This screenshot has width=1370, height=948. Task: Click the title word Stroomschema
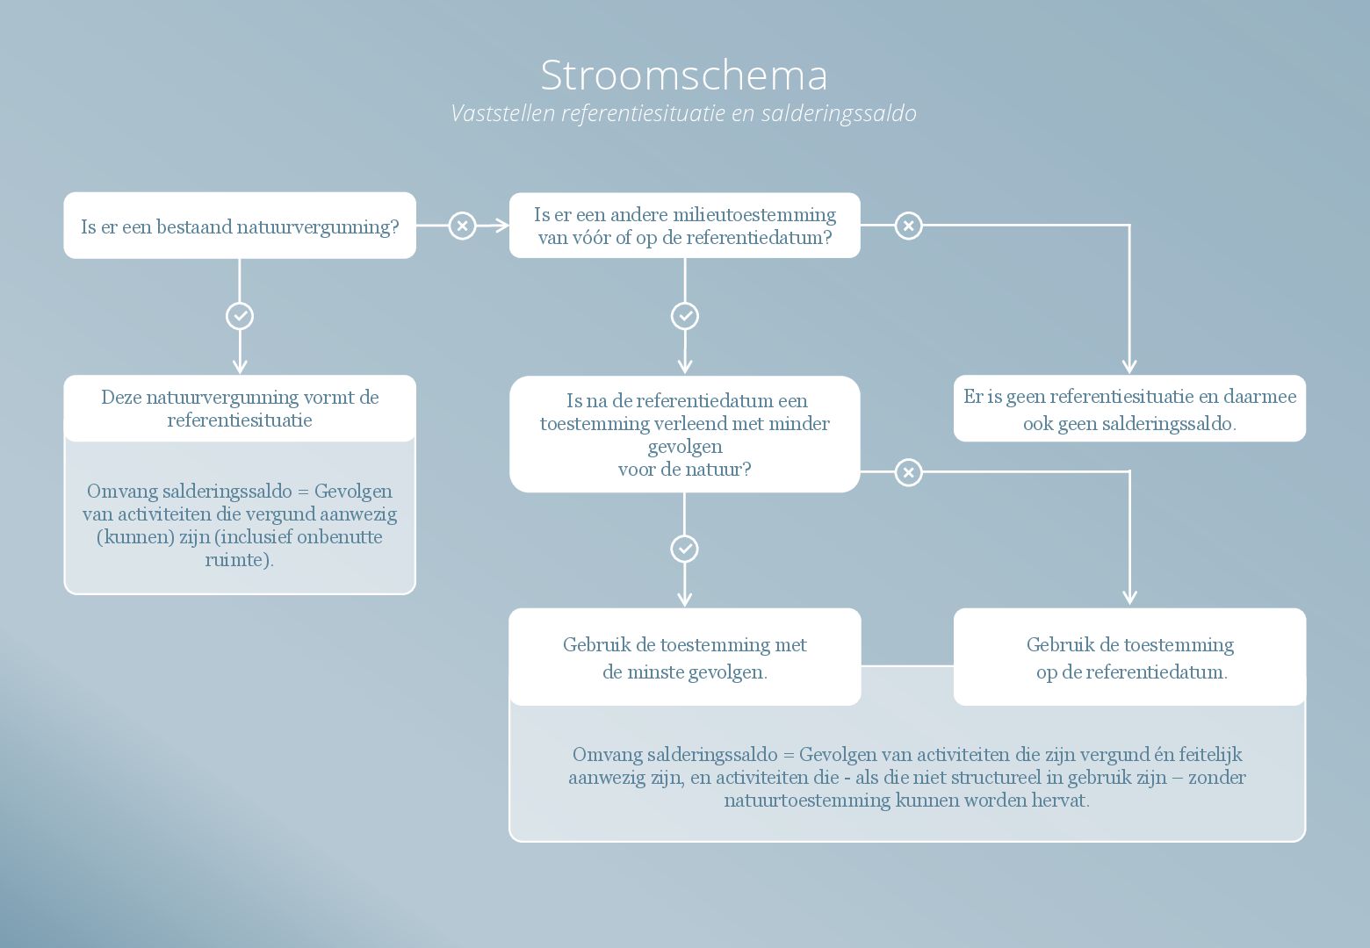tap(684, 75)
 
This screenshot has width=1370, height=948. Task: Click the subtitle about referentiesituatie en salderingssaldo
tap(684, 114)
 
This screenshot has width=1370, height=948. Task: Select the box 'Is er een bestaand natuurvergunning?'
tap(240, 226)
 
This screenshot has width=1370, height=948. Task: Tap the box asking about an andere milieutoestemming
tap(685, 226)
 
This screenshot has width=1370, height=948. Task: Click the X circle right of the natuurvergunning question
tap(462, 226)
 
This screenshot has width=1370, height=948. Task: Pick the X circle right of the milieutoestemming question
tap(909, 226)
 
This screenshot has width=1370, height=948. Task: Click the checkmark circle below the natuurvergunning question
tap(240, 317)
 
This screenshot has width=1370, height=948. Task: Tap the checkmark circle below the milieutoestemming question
tap(685, 317)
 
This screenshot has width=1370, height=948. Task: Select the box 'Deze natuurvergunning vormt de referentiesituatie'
tap(240, 408)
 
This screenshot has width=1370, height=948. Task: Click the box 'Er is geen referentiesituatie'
tap(1129, 408)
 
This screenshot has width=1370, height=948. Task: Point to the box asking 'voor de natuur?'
tap(685, 434)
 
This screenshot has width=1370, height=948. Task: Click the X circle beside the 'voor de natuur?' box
tap(909, 472)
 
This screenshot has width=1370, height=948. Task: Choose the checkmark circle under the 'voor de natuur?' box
tap(684, 549)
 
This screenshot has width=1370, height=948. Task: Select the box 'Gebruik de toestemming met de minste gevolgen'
tap(685, 657)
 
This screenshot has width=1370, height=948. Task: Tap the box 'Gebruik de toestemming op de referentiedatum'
tap(1129, 657)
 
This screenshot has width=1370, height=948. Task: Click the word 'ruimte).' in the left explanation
tap(239, 560)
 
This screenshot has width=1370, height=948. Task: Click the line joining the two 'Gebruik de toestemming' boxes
tap(908, 665)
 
